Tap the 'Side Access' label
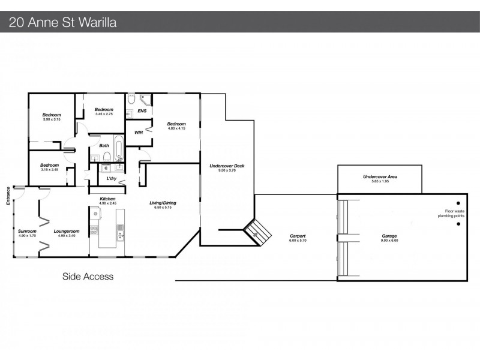pyautogui.click(x=88, y=277)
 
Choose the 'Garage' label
pyautogui.click(x=389, y=236)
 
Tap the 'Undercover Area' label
pyautogui.click(x=380, y=177)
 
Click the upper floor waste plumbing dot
pyautogui.click(x=457, y=203)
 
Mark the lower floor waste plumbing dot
pyautogui.click(x=457, y=224)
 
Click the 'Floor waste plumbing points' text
pyautogui.click(x=454, y=212)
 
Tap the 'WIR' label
pyautogui.click(x=139, y=132)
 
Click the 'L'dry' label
pyautogui.click(x=112, y=179)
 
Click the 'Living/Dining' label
pyautogui.click(x=163, y=203)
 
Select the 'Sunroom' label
pyautogui.click(x=27, y=231)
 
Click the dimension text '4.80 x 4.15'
pyautogui.click(x=176, y=128)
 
